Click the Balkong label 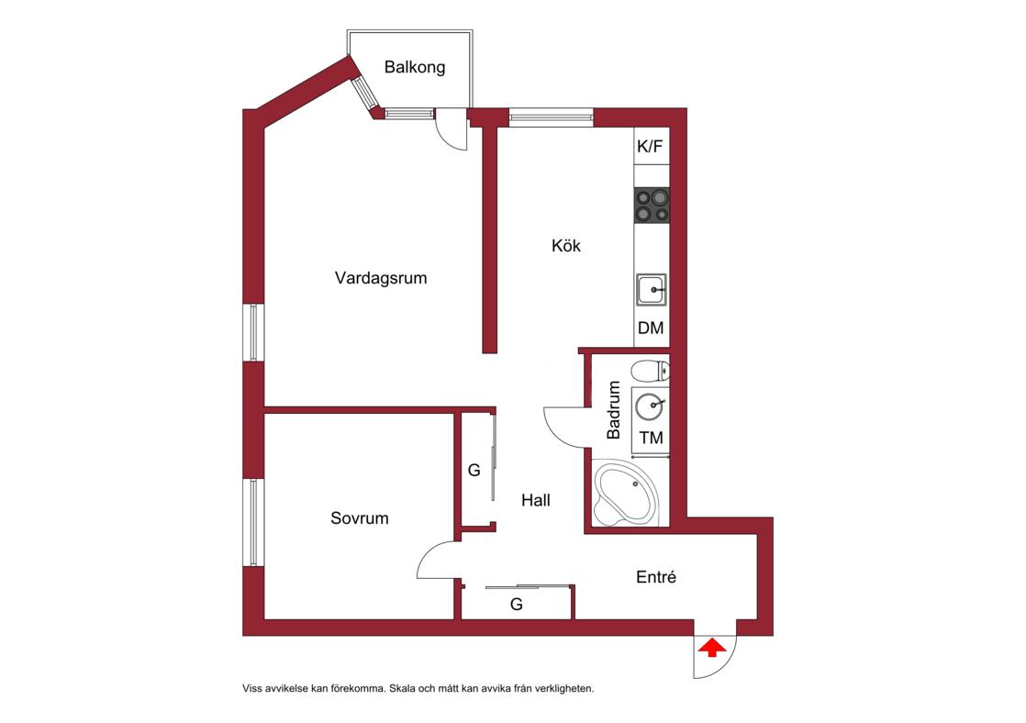[415, 67]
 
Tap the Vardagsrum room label [381, 278]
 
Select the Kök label [566, 246]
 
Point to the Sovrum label [359, 518]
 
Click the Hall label [535, 501]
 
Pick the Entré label [655, 577]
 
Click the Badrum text [614, 410]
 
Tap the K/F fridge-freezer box [651, 146]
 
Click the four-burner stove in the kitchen [652, 205]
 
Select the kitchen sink [652, 290]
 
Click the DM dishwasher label [651, 328]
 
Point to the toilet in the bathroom [651, 371]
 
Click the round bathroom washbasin [650, 406]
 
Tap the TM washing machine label [651, 438]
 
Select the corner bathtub [624, 494]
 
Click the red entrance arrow [712, 649]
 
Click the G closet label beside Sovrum [474, 470]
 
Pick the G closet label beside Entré [517, 605]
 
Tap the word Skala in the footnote [404, 688]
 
